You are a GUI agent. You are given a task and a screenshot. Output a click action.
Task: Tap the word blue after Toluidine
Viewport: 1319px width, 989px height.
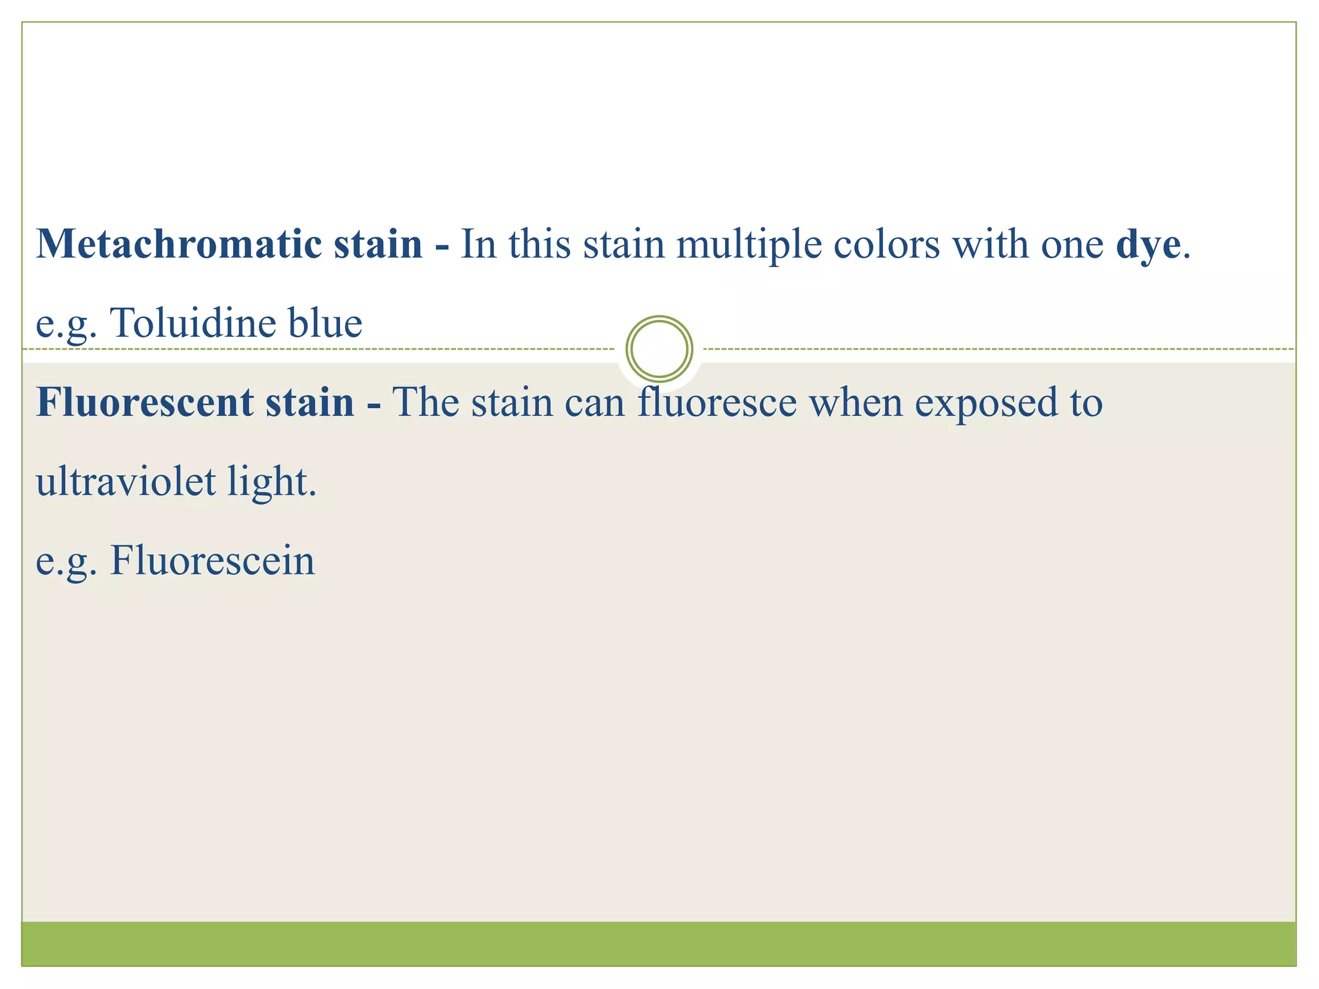[325, 323]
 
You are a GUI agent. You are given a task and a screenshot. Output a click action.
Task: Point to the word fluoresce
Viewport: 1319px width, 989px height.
[717, 402]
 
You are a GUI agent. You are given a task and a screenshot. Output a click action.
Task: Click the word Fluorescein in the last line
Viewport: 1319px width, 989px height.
[213, 560]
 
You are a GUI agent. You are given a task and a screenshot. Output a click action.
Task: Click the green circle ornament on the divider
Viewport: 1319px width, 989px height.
[659, 349]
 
